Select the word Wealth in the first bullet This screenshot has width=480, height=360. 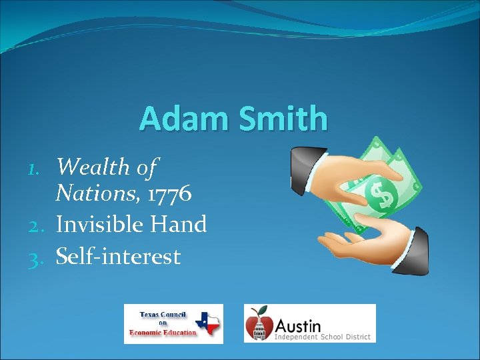coord(93,167)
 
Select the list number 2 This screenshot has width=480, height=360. coord(37,225)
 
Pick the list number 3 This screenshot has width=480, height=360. coord(37,257)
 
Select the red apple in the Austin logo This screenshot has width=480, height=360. coord(259,325)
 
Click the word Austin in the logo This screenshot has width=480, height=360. coord(297,325)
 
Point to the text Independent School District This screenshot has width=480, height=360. coord(321,337)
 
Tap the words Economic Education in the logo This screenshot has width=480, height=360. coord(165,333)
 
